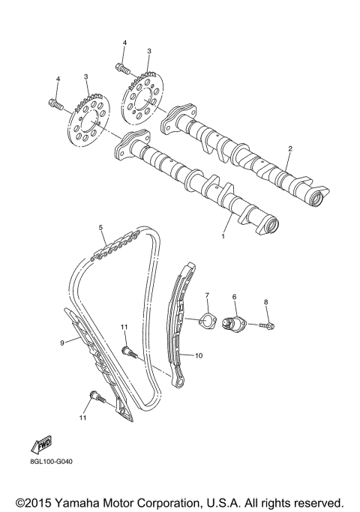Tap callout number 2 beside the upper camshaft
click(x=289, y=149)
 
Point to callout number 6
click(x=234, y=298)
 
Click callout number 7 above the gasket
click(x=208, y=296)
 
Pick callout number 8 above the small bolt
click(x=265, y=303)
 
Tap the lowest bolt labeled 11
click(x=94, y=397)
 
